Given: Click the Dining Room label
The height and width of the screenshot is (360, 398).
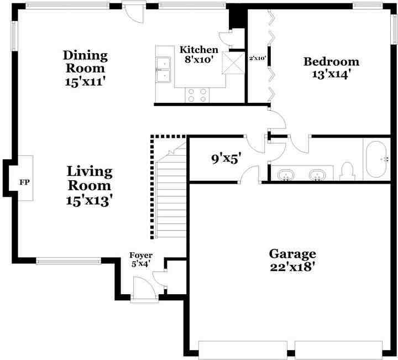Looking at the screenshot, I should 85,69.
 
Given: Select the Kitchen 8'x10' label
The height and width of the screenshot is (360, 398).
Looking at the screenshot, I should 199,55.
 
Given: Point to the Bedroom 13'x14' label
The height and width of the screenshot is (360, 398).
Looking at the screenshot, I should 331,67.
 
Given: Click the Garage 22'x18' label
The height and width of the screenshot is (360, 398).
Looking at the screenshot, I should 292,260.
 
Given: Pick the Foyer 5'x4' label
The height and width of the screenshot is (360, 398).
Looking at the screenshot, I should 141,259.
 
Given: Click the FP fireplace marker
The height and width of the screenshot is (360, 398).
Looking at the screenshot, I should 24,182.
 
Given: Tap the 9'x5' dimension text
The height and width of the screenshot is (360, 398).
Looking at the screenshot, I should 226,159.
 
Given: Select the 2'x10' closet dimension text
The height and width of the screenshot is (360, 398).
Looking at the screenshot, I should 258,58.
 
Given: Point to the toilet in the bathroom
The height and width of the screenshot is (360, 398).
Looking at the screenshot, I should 348,170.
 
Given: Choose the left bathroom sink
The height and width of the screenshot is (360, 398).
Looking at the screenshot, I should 286,175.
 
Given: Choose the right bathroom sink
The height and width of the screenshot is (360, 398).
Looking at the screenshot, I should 317,175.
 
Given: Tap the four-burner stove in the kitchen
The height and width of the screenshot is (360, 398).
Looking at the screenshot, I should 197,95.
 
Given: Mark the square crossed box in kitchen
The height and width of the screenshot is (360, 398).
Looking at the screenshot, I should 232,63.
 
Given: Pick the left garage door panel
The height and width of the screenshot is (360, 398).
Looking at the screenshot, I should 244,349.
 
